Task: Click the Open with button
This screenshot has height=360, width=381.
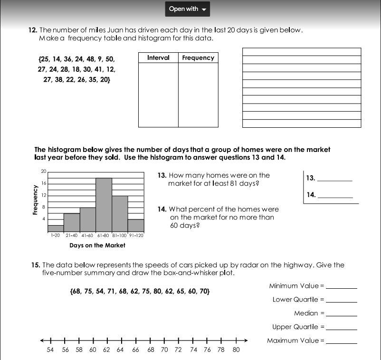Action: [187, 9]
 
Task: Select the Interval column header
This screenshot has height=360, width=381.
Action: [158, 57]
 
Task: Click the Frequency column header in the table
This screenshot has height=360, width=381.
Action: [198, 57]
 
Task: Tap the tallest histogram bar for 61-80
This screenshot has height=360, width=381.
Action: [104, 205]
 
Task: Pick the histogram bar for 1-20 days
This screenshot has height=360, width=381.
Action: [56, 228]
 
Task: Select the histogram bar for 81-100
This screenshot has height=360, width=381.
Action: [120, 214]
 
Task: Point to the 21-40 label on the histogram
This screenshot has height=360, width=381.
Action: [72, 235]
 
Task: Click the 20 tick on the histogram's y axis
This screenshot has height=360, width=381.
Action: [44, 171]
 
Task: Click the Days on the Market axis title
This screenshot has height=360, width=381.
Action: [97, 246]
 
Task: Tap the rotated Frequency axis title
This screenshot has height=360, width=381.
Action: [35, 200]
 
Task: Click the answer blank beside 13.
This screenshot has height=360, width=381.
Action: [334, 180]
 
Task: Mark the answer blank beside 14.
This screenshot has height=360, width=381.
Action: [335, 196]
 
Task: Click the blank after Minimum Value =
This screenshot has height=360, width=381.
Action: [341, 287]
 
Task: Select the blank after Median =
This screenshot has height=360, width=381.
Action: [341, 314]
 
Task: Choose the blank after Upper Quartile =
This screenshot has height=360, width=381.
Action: [341, 328]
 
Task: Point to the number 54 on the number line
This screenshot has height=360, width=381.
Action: [50, 350]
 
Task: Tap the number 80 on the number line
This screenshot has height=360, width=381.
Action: [236, 350]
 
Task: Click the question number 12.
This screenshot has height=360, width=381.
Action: [32, 30]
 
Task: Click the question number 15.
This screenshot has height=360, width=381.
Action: [36, 265]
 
